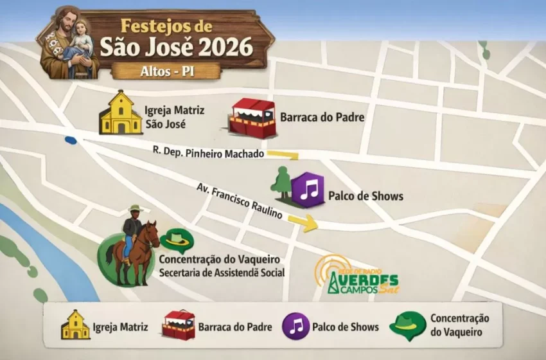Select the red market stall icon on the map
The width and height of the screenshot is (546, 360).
click(x=253, y=118)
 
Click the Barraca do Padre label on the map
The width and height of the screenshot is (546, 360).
click(x=322, y=118)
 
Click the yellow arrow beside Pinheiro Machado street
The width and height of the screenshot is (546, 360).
click(x=283, y=154)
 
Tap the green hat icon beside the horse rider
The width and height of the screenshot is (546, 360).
click(x=177, y=240)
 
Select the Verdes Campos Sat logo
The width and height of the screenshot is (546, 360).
click(x=356, y=278)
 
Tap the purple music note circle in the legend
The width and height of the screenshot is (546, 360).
click(x=295, y=326)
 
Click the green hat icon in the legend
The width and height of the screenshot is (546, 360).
click(x=407, y=326)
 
